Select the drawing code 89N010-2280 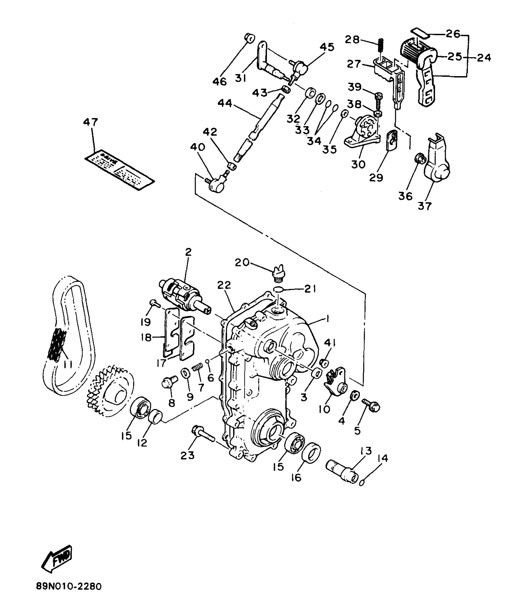coord(68,595)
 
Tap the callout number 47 coord(90,122)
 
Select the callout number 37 coord(425,206)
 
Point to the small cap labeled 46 coord(250,38)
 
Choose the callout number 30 coord(358,164)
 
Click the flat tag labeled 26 coord(420,33)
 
